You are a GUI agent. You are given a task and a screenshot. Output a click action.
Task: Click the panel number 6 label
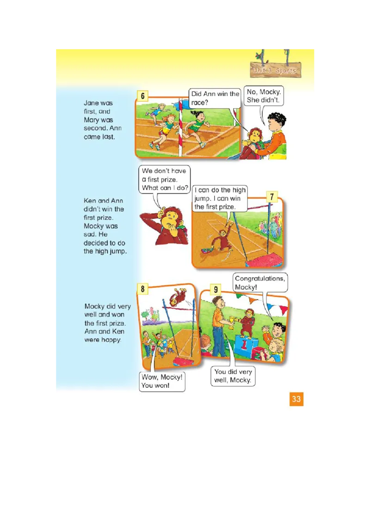click(x=142, y=96)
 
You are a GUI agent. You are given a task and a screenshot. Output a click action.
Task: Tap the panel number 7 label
click(x=272, y=197)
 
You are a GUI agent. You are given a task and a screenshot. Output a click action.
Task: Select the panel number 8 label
click(x=142, y=289)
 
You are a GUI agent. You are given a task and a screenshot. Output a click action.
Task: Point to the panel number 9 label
click(x=216, y=290)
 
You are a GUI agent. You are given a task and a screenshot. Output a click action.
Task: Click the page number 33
click(x=296, y=399)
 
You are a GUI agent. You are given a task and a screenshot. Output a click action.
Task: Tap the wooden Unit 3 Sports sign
click(x=275, y=70)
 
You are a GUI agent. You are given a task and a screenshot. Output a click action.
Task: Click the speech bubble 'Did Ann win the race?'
click(x=215, y=98)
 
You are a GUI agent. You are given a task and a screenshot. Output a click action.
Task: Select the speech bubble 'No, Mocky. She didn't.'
click(x=264, y=96)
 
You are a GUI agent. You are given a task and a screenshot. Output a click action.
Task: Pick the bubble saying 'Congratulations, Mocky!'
click(x=260, y=283)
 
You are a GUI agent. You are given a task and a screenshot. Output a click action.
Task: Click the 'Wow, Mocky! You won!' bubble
click(x=162, y=382)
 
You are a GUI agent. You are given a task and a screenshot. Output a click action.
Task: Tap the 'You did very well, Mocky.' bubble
click(x=233, y=376)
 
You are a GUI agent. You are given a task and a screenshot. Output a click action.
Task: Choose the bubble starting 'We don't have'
click(x=165, y=179)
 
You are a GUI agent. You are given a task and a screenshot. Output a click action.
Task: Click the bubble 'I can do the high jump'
click(x=220, y=199)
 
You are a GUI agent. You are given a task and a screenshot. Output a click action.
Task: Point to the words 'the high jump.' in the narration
click(x=105, y=251)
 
